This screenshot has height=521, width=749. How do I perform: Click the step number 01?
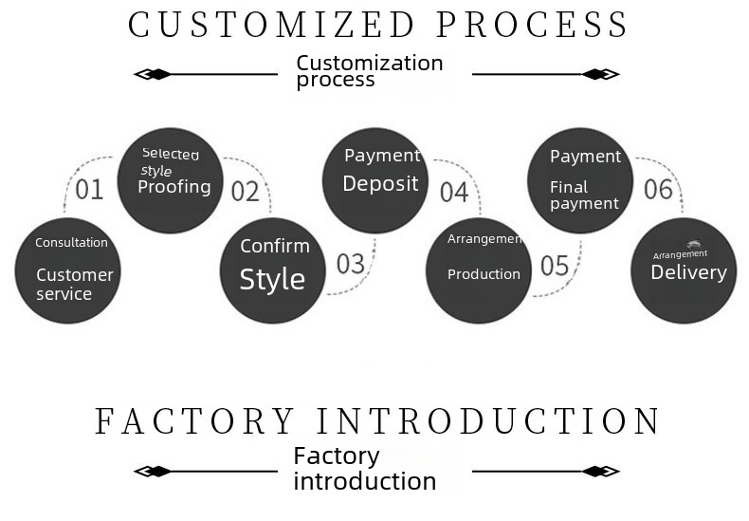89,190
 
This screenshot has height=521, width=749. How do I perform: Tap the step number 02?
245,192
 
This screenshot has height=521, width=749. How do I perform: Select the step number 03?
350,264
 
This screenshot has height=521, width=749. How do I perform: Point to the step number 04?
454,193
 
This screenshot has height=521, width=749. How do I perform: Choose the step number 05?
555,266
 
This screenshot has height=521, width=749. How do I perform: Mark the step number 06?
658,189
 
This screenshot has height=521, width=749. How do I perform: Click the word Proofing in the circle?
174,187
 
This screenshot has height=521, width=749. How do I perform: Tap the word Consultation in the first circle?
71,243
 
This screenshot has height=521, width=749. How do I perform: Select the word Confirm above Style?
275,247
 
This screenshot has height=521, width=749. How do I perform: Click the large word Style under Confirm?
272,280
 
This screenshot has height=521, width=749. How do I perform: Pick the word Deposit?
380,184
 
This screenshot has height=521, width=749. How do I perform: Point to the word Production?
484,274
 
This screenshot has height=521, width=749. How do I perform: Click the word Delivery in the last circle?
688,273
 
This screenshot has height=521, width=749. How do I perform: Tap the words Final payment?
584,195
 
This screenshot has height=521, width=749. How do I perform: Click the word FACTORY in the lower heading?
195,421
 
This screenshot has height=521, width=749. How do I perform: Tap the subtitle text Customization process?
369,71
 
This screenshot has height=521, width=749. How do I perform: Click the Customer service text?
74,285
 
